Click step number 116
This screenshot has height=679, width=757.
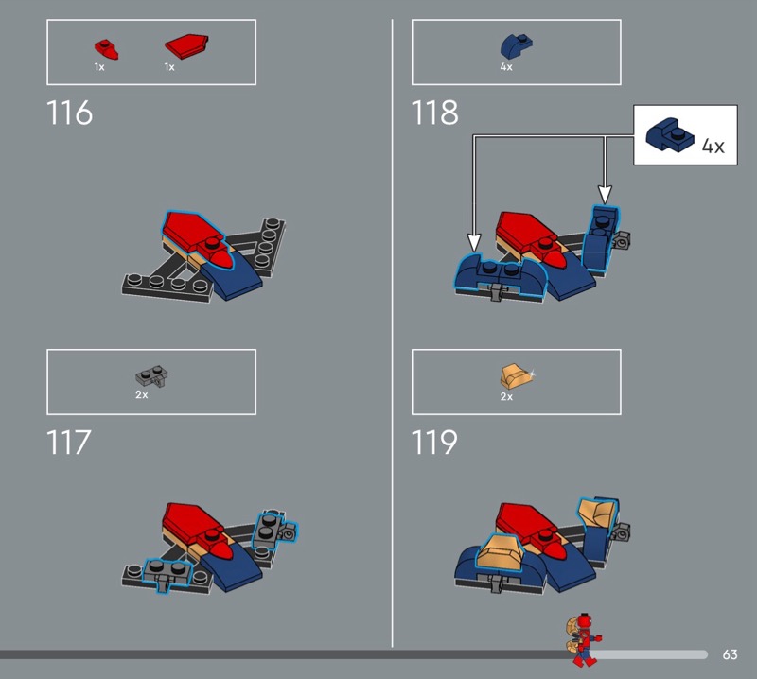click(x=69, y=113)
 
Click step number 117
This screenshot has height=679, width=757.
click(x=68, y=442)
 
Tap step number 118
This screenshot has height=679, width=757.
click(x=434, y=113)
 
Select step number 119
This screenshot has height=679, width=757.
click(x=434, y=442)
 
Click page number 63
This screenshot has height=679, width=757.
click(x=730, y=654)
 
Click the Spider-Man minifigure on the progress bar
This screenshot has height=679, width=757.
click(x=583, y=639)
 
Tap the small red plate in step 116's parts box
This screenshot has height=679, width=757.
click(x=106, y=49)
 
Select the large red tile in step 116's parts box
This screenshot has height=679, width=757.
click(x=186, y=45)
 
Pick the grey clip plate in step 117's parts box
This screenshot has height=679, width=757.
click(x=151, y=377)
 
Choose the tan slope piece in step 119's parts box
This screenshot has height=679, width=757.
click(x=517, y=377)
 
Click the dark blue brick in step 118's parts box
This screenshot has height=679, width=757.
click(x=516, y=46)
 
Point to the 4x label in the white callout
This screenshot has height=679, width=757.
click(x=713, y=146)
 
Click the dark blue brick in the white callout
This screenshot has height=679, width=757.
click(x=670, y=135)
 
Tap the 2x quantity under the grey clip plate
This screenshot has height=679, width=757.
click(x=141, y=394)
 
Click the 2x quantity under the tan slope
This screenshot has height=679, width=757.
click(x=506, y=396)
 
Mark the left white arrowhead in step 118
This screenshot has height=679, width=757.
click(x=475, y=242)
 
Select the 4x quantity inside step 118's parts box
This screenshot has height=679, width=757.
click(x=506, y=67)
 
